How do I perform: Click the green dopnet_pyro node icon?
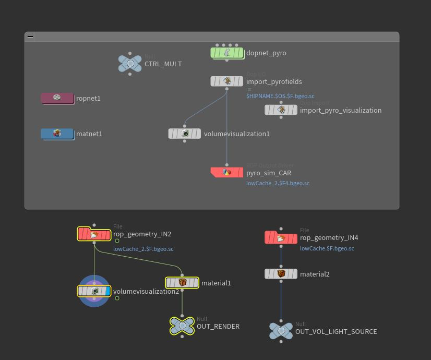(227, 53)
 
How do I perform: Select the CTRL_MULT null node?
(130, 64)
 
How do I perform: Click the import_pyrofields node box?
(227, 81)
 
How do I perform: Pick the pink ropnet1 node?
(57, 98)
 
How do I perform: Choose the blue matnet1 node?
(57, 134)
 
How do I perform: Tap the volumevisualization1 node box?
(184, 134)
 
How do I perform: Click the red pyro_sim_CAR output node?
(227, 172)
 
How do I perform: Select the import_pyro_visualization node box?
(281, 110)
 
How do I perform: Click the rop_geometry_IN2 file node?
(94, 234)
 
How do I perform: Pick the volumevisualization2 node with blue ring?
(94, 291)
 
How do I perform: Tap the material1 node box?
(182, 283)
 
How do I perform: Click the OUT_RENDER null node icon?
(182, 326)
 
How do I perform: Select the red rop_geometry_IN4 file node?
(281, 238)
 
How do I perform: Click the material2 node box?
(281, 274)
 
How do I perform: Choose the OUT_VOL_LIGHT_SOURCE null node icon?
(281, 331)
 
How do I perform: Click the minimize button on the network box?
(30, 37)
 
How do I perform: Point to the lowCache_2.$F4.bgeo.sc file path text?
(278, 184)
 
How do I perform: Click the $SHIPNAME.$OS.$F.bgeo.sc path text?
(280, 96)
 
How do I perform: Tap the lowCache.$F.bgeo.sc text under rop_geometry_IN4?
(327, 249)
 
